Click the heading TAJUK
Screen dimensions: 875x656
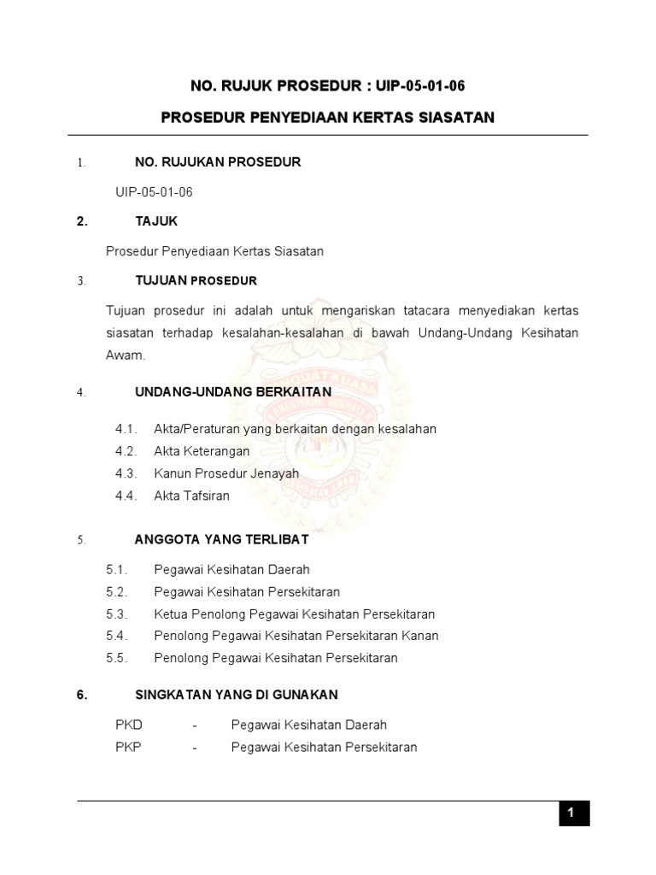coord(156,221)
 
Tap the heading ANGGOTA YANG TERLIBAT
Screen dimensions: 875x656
coord(222,540)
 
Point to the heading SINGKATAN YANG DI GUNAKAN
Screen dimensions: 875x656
coord(237,695)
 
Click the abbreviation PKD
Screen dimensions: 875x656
coord(129,725)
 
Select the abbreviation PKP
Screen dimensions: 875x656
coord(129,748)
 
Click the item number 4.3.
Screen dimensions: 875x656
coord(126,473)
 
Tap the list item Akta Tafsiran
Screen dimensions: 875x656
coord(191,496)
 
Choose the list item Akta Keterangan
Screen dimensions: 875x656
coord(202,451)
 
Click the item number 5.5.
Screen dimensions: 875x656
coord(117,658)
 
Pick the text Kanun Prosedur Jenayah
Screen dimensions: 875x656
coord(226,473)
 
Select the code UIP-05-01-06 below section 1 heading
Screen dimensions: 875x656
coord(154,192)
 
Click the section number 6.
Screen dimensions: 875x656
coord(83,695)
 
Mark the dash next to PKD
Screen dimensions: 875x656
coord(195,725)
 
